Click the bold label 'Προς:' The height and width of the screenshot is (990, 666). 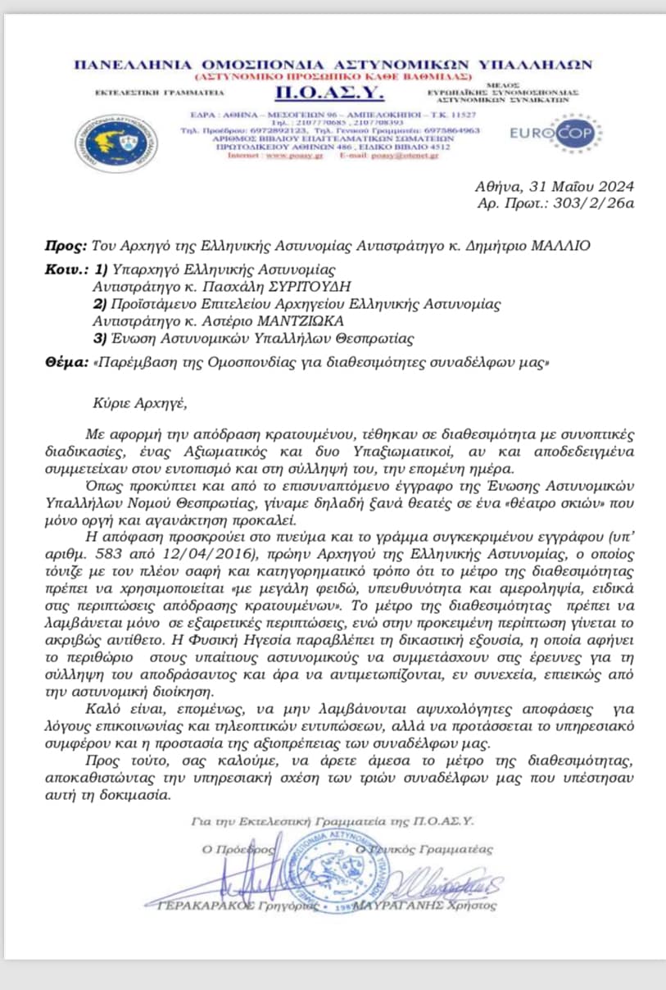[65, 245]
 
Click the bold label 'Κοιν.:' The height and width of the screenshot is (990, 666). [66, 269]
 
